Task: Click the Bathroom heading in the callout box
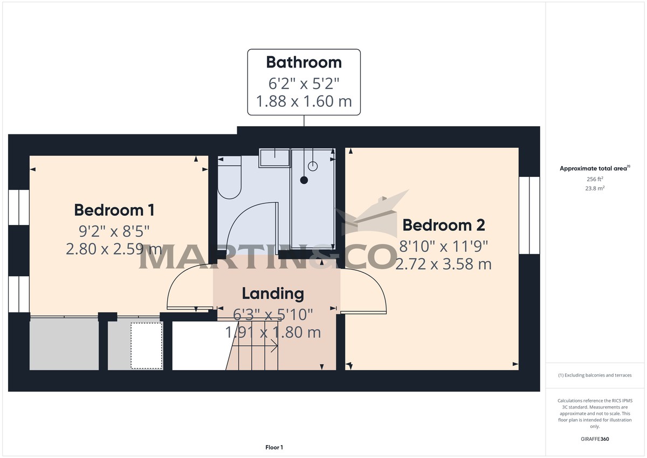pyautogui.click(x=304, y=62)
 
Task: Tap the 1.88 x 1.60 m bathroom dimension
pyautogui.click(x=304, y=101)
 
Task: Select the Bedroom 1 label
pyautogui.click(x=114, y=209)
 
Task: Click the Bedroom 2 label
pyautogui.click(x=443, y=224)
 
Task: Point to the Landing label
pyautogui.click(x=272, y=294)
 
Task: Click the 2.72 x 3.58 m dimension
pyautogui.click(x=443, y=264)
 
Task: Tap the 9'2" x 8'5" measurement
pyautogui.click(x=114, y=231)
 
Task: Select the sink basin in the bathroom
pyautogui.click(x=275, y=158)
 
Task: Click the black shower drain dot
pyautogui.click(x=304, y=180)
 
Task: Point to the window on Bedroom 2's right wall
pyautogui.click(x=529, y=215)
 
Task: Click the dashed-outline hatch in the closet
pyautogui.click(x=147, y=345)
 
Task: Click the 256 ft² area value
pyautogui.click(x=595, y=179)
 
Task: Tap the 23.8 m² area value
pyautogui.click(x=595, y=188)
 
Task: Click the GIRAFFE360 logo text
pyautogui.click(x=595, y=439)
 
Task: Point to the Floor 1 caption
pyautogui.click(x=274, y=447)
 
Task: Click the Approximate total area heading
pyautogui.click(x=593, y=169)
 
